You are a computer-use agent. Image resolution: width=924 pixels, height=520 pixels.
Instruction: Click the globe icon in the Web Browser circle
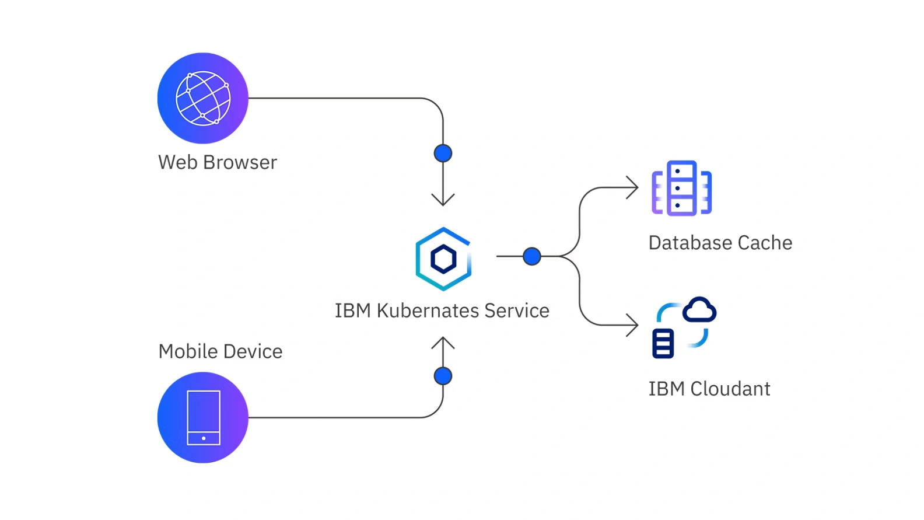tap(203, 98)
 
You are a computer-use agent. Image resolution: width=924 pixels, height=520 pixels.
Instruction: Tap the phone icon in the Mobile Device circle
tap(203, 418)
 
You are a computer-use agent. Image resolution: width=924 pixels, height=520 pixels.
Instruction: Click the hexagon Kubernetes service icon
tap(443, 259)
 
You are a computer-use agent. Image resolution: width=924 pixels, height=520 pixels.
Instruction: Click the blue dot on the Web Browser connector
tap(443, 153)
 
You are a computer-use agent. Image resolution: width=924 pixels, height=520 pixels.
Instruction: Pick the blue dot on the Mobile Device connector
tap(443, 376)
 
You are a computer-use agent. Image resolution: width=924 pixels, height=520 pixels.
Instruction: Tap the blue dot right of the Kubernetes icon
tap(531, 256)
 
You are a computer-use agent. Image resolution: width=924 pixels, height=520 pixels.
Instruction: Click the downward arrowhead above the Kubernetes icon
tap(443, 200)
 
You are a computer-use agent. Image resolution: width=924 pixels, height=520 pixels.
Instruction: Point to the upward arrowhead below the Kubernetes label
tap(443, 343)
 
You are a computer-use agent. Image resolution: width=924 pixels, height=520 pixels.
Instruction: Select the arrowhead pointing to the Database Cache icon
tap(633, 187)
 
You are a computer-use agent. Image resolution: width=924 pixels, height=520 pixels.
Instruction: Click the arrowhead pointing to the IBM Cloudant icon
tap(633, 325)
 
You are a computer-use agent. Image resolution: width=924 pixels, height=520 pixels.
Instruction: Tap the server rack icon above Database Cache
tap(681, 188)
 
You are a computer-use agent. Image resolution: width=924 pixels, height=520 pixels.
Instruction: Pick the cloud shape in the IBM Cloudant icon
tap(699, 310)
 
